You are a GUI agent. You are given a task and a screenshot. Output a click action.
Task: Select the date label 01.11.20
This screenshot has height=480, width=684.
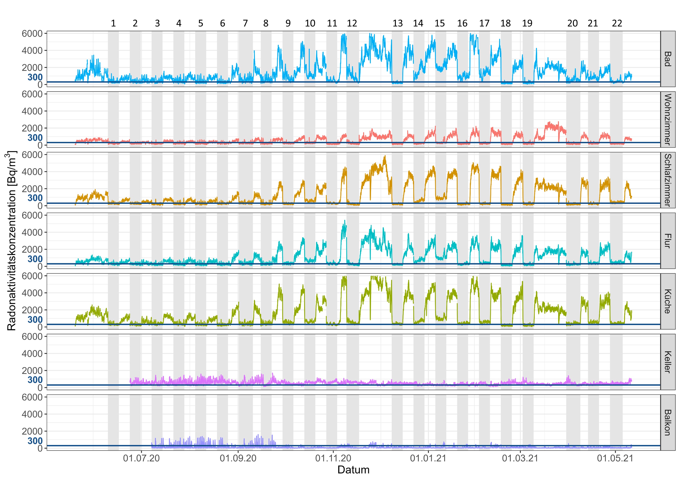click(x=333, y=458)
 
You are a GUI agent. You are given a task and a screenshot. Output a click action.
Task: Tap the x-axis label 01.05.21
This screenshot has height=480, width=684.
click(x=615, y=458)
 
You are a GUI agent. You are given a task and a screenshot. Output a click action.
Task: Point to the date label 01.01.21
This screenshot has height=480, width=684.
click(x=428, y=458)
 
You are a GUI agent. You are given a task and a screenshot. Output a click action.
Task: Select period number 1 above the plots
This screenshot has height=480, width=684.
click(x=113, y=23)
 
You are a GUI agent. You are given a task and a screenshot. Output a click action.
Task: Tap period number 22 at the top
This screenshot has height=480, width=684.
click(x=617, y=23)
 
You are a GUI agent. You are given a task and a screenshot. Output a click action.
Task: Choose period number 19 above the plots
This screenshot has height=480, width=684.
click(x=527, y=23)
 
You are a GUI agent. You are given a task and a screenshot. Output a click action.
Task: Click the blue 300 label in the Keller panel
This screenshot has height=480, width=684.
click(x=35, y=380)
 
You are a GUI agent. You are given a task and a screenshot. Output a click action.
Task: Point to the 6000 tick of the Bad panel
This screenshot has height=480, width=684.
click(x=32, y=34)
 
